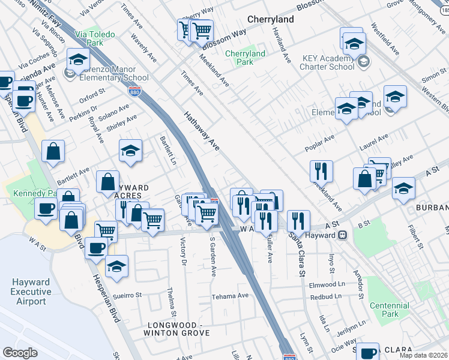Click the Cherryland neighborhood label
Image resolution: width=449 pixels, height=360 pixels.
270,19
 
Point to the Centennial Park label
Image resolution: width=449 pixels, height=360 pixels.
390,310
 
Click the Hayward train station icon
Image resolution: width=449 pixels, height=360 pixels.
343,235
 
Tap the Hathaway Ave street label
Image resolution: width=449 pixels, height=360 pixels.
202,130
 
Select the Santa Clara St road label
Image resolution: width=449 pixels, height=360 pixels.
297,251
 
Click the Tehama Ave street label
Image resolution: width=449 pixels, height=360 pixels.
229,296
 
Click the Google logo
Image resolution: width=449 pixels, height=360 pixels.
20,353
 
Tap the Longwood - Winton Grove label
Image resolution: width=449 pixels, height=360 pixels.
178,329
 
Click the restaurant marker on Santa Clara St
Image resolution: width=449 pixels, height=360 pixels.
298,220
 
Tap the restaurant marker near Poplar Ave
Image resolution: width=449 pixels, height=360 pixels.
322,170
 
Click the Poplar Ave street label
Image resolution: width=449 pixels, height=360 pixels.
321,143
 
